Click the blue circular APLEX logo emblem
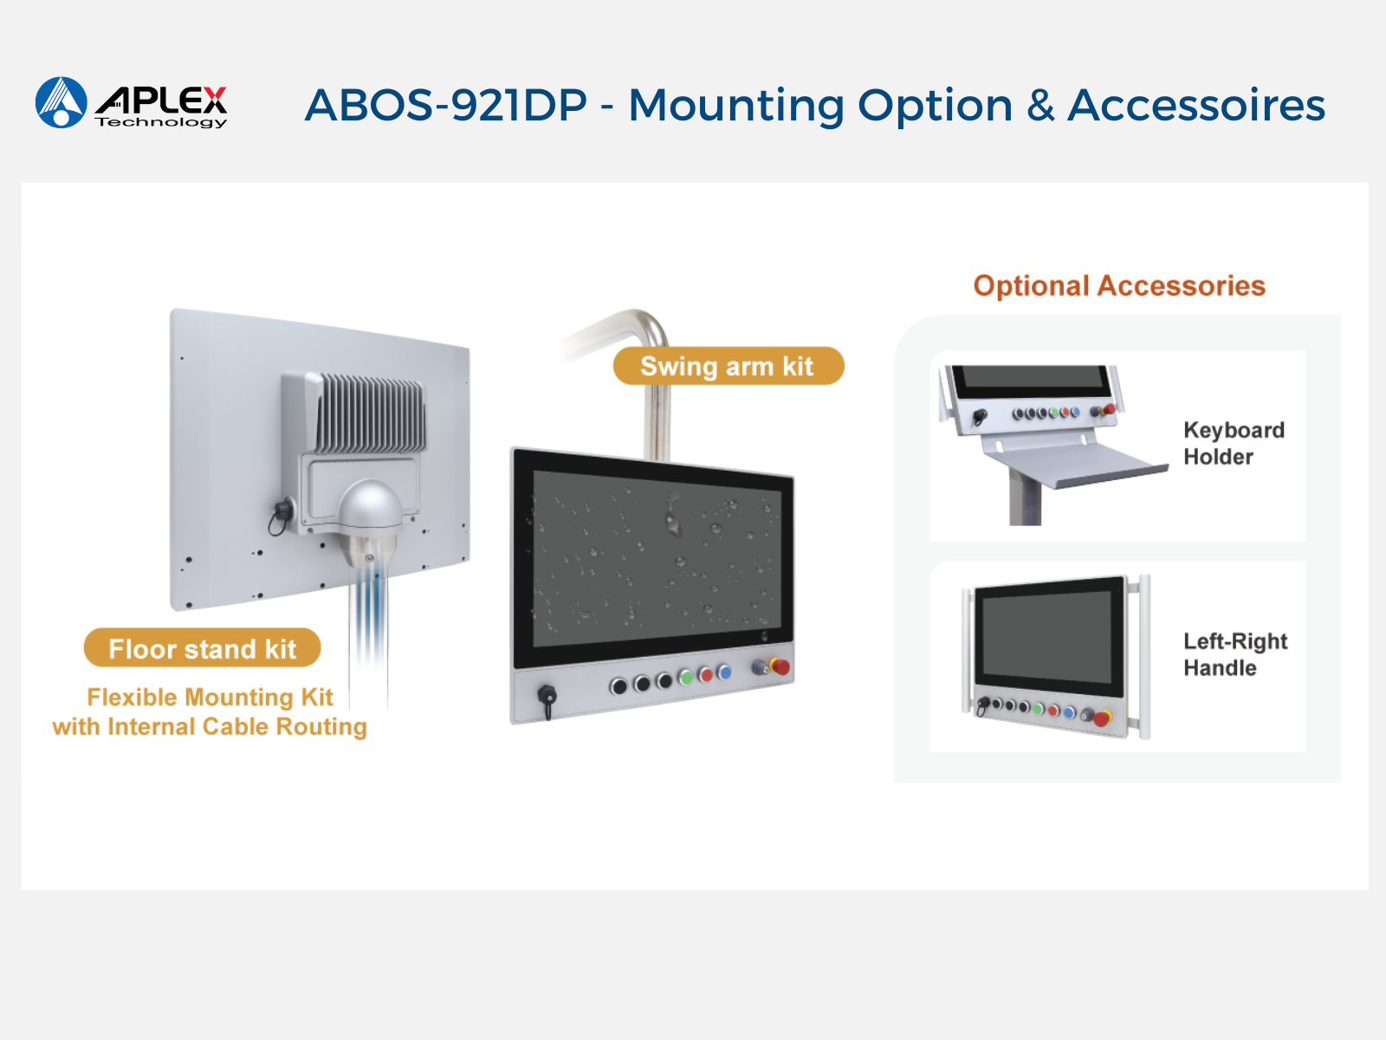tap(62, 102)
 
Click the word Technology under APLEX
tap(161, 122)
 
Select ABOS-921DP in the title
tap(446, 105)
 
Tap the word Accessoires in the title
tap(1196, 105)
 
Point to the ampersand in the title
tap(1040, 105)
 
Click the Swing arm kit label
tap(728, 367)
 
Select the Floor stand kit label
tap(202, 648)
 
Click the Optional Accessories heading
tap(1119, 286)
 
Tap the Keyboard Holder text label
tap(1234, 443)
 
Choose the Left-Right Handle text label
tap(1235, 655)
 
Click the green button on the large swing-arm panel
tap(686, 679)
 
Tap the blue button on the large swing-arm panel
tap(724, 672)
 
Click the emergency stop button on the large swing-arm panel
tap(780, 666)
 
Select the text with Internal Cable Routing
tap(209, 727)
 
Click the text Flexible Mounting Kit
tap(210, 697)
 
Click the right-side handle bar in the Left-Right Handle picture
tap(1144, 657)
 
